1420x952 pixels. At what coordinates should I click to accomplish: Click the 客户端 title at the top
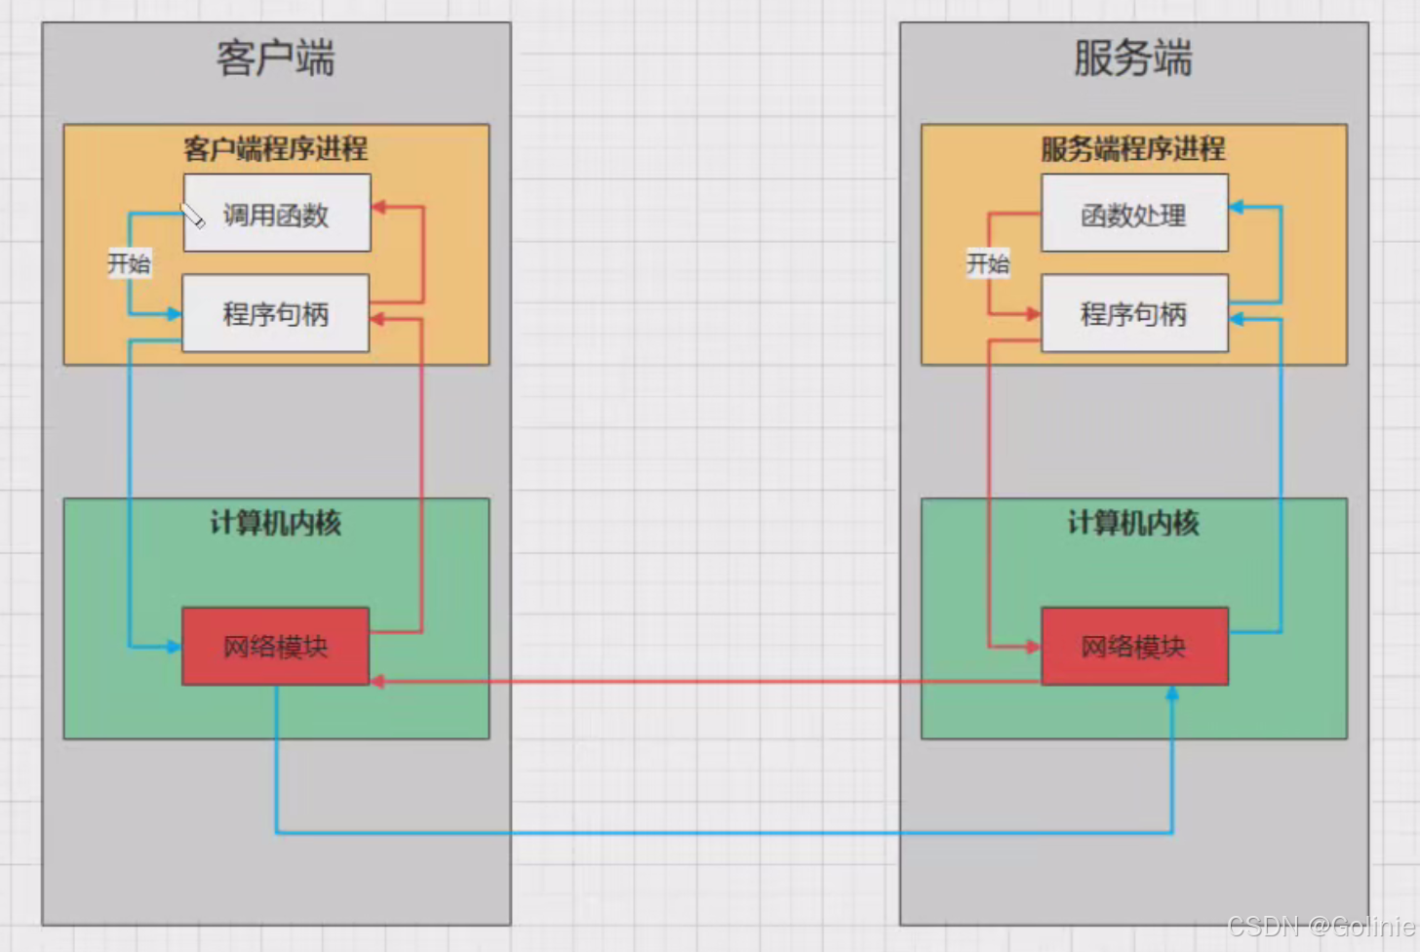pyautogui.click(x=276, y=59)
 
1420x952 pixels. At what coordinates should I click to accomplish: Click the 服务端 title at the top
pyautogui.click(x=1133, y=59)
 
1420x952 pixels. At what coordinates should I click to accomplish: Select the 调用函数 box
pyautogui.click(x=277, y=214)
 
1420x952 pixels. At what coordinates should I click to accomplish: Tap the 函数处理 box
pyautogui.click(x=1134, y=214)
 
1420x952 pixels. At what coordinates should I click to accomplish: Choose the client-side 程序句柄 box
pyautogui.click(x=276, y=314)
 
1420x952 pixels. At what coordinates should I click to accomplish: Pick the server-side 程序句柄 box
pyautogui.click(x=1134, y=314)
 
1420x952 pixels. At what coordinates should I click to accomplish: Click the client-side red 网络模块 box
pyautogui.click(x=276, y=647)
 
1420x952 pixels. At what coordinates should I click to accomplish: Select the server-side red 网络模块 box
pyautogui.click(x=1134, y=647)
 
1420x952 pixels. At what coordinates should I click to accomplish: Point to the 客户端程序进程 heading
pyautogui.click(x=276, y=149)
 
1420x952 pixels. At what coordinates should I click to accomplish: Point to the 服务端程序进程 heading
pyautogui.click(x=1133, y=149)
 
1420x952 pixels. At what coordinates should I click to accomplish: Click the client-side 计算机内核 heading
pyautogui.click(x=276, y=524)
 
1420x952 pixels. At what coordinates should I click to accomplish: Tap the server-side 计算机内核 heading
pyautogui.click(x=1133, y=524)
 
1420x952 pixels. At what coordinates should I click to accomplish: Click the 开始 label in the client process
pyautogui.click(x=129, y=263)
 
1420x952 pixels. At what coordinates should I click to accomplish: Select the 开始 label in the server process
pyautogui.click(x=988, y=263)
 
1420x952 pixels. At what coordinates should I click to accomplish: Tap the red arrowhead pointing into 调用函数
pyautogui.click(x=379, y=207)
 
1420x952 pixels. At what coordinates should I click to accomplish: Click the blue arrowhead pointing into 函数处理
pyautogui.click(x=1237, y=207)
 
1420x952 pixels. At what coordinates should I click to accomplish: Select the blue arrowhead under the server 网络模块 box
pyautogui.click(x=1172, y=693)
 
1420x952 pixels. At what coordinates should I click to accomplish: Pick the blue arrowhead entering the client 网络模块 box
pyautogui.click(x=174, y=647)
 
